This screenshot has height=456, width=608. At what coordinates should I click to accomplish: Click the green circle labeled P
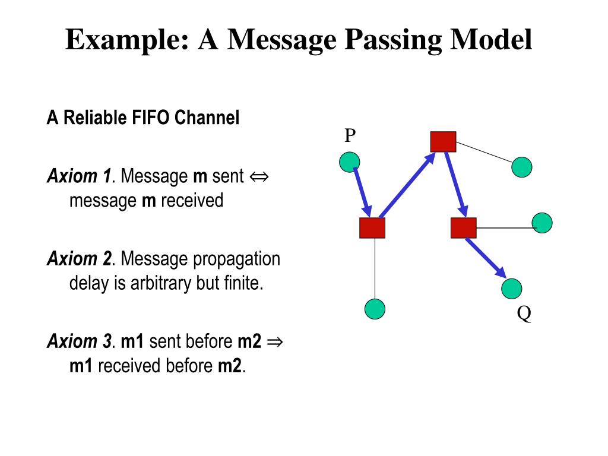click(x=350, y=161)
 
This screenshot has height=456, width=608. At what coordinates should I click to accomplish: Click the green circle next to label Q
click(x=512, y=289)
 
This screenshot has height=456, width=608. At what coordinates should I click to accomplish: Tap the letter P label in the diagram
click(x=350, y=137)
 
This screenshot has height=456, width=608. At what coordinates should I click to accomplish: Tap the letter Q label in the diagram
click(x=524, y=313)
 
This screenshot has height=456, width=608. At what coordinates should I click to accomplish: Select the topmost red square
click(x=443, y=141)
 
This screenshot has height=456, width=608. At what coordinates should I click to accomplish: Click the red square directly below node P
click(x=372, y=228)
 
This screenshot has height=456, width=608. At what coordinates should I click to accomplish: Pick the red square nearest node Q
click(x=463, y=228)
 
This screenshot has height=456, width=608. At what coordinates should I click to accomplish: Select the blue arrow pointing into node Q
click(x=485, y=258)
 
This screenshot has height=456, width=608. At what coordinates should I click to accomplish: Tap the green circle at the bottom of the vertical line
click(x=375, y=309)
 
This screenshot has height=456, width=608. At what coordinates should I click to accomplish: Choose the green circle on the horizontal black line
click(x=542, y=223)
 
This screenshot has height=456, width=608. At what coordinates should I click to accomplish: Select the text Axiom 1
click(x=79, y=176)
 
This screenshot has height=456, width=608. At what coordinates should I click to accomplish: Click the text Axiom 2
click(x=79, y=259)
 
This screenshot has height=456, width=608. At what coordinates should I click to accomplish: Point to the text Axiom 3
click(x=79, y=341)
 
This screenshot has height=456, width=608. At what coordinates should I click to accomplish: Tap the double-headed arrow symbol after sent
click(x=259, y=176)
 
